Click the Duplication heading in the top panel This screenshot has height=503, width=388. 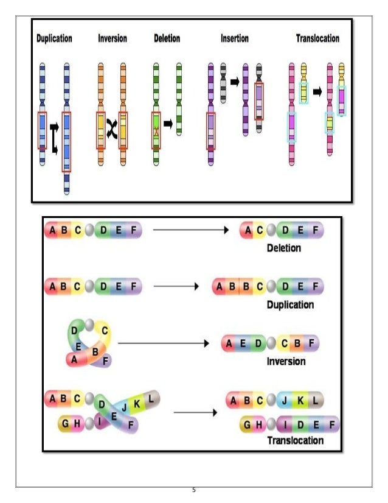tap(54, 38)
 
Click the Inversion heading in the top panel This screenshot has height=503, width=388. tap(113, 38)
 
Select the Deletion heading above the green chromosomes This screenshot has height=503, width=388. tap(167, 38)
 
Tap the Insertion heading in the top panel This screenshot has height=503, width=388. tap(235, 38)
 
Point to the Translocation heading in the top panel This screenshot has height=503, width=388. tap(317, 38)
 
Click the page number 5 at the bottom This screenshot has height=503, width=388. tap(193, 491)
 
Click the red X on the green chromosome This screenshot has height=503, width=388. tap(156, 130)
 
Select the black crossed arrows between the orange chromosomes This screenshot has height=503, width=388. tap(111, 129)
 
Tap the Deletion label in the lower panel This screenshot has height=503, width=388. tap(284, 248)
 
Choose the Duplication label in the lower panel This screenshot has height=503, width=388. tap(290, 304)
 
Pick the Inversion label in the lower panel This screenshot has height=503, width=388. tap(286, 361)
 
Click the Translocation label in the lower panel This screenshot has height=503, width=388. tap(295, 440)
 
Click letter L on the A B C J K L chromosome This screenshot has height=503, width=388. tap(315, 401)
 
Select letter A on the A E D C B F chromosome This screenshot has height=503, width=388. tap(229, 344)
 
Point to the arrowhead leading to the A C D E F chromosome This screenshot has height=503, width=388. tap(226, 230)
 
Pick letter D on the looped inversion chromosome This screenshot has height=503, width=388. tap(74, 330)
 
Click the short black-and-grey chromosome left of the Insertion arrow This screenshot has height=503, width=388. tap(223, 82)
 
